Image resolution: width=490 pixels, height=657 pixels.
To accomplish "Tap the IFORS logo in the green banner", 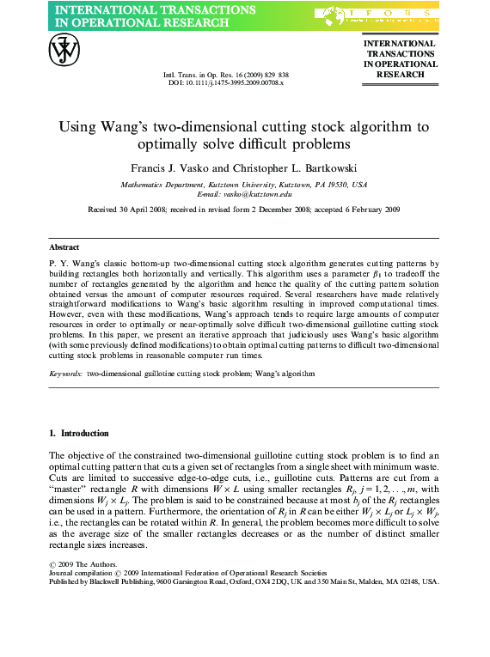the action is [x=377, y=15].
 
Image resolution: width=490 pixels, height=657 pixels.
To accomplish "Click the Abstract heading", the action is [x=64, y=246].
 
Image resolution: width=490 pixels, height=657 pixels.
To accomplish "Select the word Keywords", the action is [x=66, y=374].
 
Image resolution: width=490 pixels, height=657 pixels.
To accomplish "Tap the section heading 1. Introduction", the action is [x=79, y=432].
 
